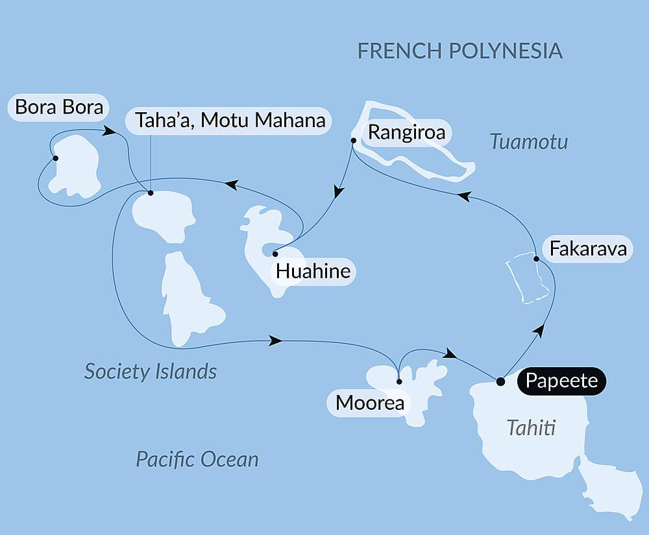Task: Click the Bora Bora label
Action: (58, 108)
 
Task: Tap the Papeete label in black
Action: (561, 381)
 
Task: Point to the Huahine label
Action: (313, 271)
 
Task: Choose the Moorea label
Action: (369, 403)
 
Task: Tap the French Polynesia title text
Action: (459, 51)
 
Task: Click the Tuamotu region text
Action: (529, 141)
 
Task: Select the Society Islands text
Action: (151, 372)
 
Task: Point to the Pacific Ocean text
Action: (197, 459)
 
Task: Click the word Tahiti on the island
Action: (532, 428)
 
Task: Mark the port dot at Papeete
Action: (500, 381)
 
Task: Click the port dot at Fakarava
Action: (536, 259)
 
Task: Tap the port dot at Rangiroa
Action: (353, 140)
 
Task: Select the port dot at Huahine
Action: (275, 254)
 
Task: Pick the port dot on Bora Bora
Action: (55, 158)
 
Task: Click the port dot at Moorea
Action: (398, 381)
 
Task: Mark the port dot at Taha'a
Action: (151, 193)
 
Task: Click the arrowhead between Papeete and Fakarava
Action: (537, 331)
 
